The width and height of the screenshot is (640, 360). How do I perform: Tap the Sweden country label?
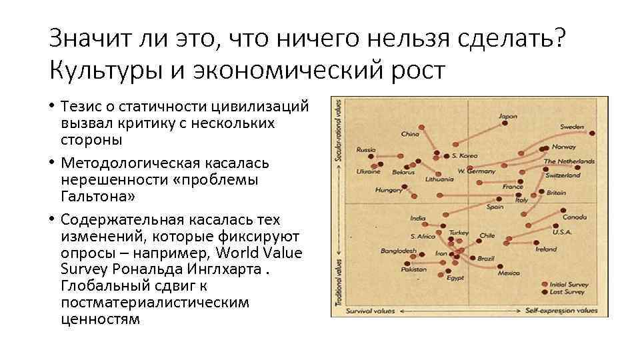click(572, 126)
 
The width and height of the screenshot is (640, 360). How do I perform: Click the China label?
click(409, 134)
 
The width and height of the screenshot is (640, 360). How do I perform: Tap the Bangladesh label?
click(399, 251)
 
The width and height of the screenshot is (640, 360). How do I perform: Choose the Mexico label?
click(509, 273)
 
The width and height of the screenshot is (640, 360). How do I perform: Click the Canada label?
click(574, 217)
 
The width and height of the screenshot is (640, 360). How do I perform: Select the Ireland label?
click(546, 249)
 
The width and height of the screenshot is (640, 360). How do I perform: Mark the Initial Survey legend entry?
click(568, 283)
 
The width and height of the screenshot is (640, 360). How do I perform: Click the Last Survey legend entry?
click(567, 292)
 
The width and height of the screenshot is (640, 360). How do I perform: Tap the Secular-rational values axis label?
click(340, 131)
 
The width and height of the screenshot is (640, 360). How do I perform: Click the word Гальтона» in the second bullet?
click(98, 196)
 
